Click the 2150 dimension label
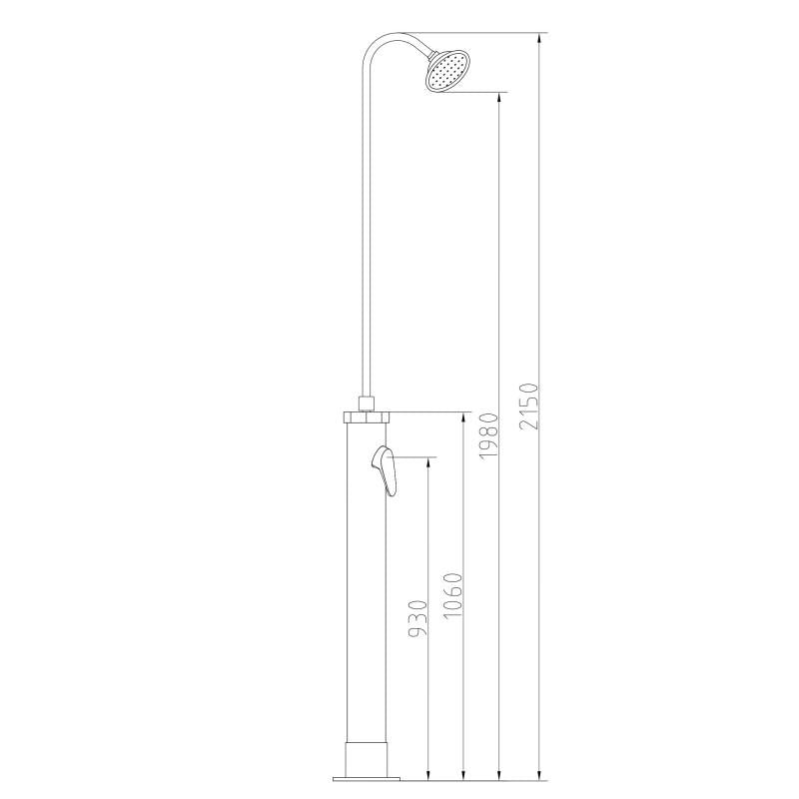(530, 406)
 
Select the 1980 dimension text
(488, 435)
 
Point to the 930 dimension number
(417, 618)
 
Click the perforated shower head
(446, 71)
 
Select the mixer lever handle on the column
(386, 470)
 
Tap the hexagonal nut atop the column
(366, 416)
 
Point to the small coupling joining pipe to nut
(366, 403)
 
